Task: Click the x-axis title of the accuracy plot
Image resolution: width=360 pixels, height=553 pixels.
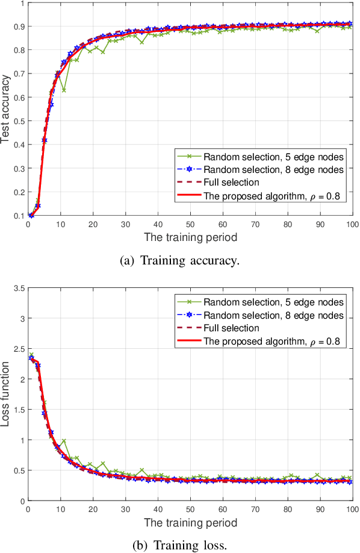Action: click(x=190, y=237)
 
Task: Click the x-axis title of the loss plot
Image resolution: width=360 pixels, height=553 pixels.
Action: click(x=190, y=522)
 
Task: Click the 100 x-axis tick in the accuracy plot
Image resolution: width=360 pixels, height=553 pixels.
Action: click(x=352, y=223)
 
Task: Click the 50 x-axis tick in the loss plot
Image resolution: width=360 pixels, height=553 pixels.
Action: click(x=190, y=508)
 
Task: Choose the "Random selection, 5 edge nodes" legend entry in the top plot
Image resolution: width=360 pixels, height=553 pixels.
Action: click(x=273, y=155)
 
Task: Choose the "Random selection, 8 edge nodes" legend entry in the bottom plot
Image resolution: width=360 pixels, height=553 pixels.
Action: click(x=273, y=315)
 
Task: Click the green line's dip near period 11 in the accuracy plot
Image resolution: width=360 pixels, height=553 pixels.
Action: click(x=64, y=90)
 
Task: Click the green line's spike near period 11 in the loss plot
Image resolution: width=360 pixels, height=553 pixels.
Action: click(x=64, y=441)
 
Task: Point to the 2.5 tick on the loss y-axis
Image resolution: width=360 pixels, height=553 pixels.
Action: click(x=18, y=349)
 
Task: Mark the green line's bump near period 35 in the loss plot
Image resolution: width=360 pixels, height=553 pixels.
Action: click(x=141, y=470)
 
